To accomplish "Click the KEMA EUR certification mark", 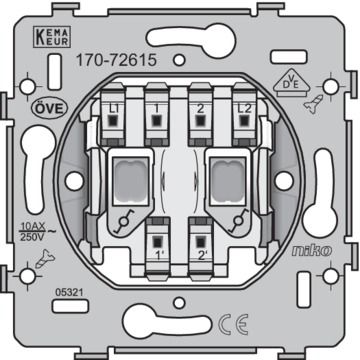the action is pos(52,37).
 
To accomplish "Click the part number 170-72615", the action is pos(116,60).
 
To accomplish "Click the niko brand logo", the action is pos(312,251).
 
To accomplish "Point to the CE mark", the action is pos(233,324).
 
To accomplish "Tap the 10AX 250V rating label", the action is pos(34,232).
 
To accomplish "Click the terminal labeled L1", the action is pos(113,115).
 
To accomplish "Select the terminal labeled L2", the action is pos(244,115).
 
